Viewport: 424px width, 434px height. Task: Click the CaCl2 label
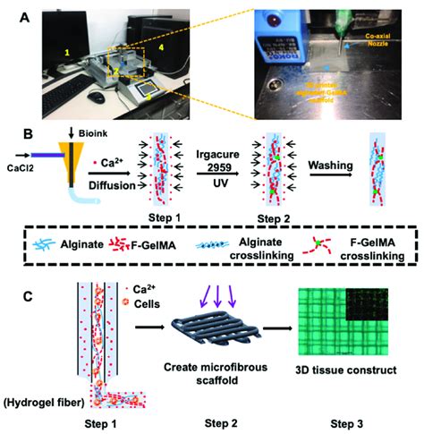(x=43, y=166)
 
